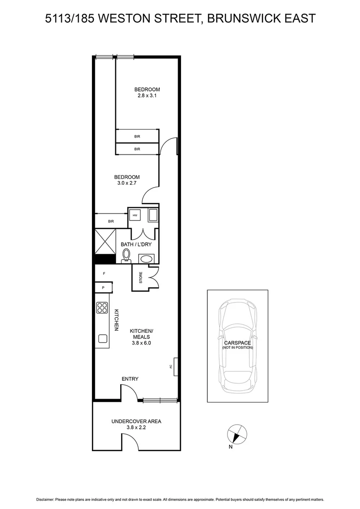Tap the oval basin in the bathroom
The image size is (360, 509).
[x=146, y=259]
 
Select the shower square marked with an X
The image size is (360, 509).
[x=105, y=241]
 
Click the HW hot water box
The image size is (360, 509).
[x=135, y=215]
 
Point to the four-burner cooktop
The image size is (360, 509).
[x=102, y=308]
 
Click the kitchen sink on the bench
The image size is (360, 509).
[x=102, y=338]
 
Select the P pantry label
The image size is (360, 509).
[x=103, y=287]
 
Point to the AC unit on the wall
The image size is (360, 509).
[x=175, y=366]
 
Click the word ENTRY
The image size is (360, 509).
[x=130, y=379]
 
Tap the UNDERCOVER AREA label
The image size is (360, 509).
[x=136, y=421]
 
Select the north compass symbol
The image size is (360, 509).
[x=237, y=433]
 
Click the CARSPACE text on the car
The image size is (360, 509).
[x=237, y=342]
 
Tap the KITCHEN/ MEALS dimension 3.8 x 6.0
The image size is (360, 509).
[x=140, y=343]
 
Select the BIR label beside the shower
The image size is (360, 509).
[x=111, y=221]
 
